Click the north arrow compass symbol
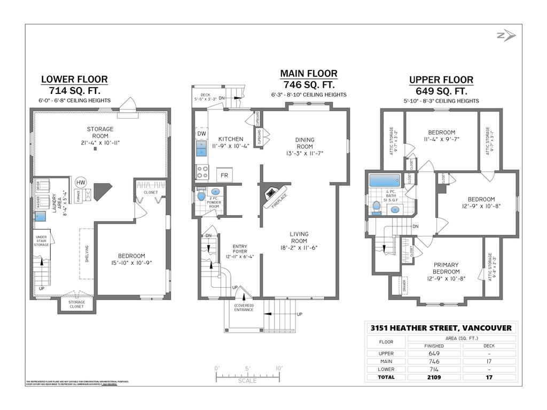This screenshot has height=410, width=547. tap(505, 36)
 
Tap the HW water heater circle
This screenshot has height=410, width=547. tap(81, 183)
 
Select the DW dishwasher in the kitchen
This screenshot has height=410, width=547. tap(201, 133)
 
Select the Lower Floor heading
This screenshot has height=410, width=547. tap(74, 80)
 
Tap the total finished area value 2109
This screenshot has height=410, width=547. tap(433, 377)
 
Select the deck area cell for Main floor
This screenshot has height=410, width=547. tap(488, 361)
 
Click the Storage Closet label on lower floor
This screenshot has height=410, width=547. tap(76, 304)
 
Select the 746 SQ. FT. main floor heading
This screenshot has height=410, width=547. tap(309, 84)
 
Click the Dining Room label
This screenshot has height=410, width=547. tap(305, 143)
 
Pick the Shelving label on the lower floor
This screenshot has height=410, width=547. tap(87, 254)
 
